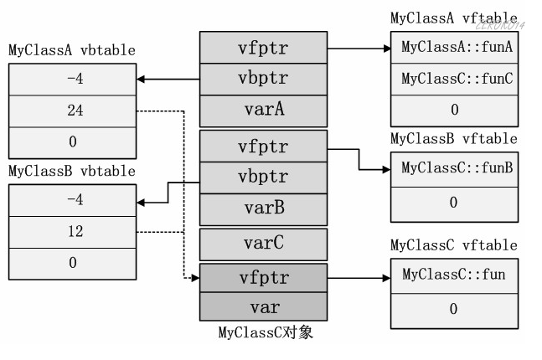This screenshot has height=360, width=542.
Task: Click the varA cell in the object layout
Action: [x=262, y=110]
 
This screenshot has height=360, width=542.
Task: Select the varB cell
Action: [x=262, y=208]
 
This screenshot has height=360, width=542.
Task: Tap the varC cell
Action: [x=262, y=244]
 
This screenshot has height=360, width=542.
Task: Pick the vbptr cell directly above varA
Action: [x=262, y=79]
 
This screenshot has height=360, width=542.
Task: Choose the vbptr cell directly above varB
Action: [x=262, y=177]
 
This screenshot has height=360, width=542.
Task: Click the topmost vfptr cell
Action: [x=262, y=48]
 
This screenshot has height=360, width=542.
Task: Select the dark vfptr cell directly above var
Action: [x=262, y=276]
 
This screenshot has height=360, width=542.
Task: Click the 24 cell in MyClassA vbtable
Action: [x=72, y=111]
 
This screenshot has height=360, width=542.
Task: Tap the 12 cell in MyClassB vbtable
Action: [x=72, y=231]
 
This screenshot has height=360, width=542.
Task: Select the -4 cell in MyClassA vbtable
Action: [x=72, y=78]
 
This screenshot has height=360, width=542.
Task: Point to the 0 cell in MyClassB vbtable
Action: [x=72, y=263]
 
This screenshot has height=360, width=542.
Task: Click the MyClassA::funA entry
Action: [x=457, y=47]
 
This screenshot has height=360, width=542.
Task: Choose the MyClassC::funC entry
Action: [x=457, y=79]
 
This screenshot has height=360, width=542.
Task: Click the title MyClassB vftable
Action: [x=453, y=139]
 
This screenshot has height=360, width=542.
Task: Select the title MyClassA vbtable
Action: [x=72, y=50]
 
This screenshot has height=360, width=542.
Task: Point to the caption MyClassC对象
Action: [x=262, y=333]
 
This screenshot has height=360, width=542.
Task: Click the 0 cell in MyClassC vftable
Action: [x=453, y=309]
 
